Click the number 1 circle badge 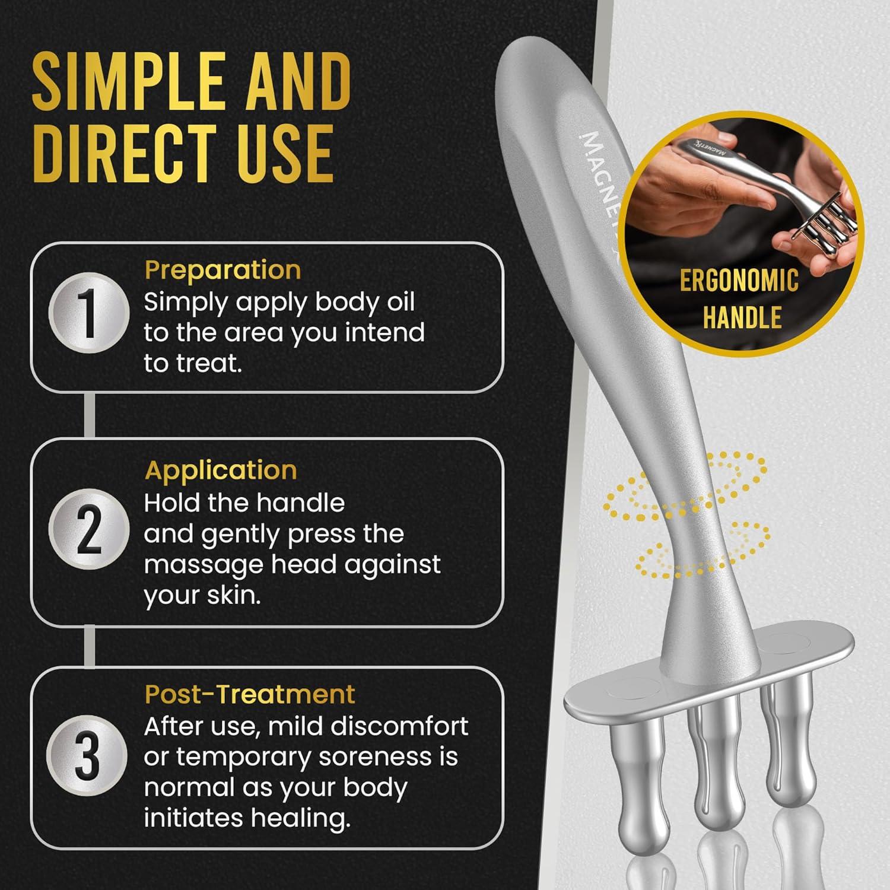coord(88,313)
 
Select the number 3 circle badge coord(88,755)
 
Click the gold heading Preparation coord(223,271)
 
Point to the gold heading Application coord(221,471)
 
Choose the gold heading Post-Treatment coord(250,694)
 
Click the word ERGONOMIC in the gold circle coord(739,281)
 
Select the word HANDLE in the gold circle coord(742,317)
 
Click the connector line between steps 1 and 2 coord(89,415)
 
